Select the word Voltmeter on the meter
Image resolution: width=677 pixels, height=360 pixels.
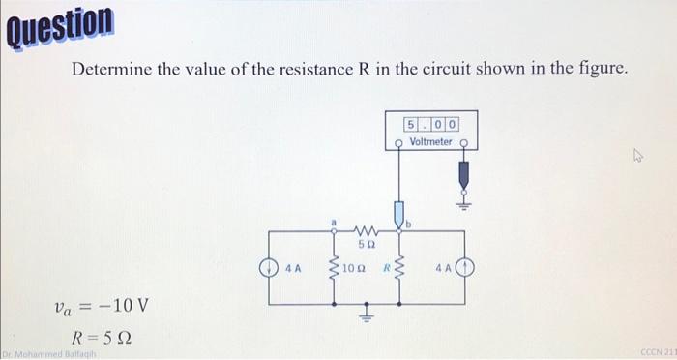(x=430, y=141)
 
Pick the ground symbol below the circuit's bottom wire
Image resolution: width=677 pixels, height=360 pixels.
(x=368, y=313)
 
